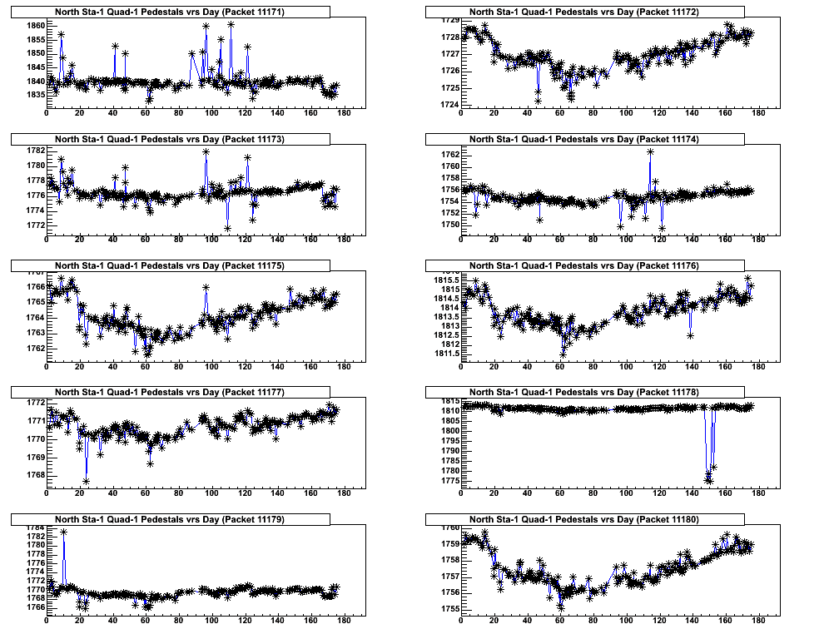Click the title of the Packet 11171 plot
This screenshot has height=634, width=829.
(170, 12)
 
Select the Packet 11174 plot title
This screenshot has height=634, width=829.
(584, 139)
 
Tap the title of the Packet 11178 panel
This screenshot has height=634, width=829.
(584, 392)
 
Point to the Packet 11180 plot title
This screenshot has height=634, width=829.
(584, 519)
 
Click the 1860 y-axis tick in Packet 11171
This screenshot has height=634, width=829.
(35, 26)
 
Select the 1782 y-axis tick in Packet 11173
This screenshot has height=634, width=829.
(35, 151)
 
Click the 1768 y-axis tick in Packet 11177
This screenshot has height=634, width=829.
(35, 475)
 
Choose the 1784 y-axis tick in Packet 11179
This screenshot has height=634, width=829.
(35, 528)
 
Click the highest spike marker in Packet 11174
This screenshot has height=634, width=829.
(650, 151)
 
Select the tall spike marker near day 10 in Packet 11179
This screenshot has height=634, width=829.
(63, 531)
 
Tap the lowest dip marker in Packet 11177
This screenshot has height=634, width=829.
(87, 481)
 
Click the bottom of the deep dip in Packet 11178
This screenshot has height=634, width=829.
(709, 480)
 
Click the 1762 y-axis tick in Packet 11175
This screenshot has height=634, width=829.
(35, 348)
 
